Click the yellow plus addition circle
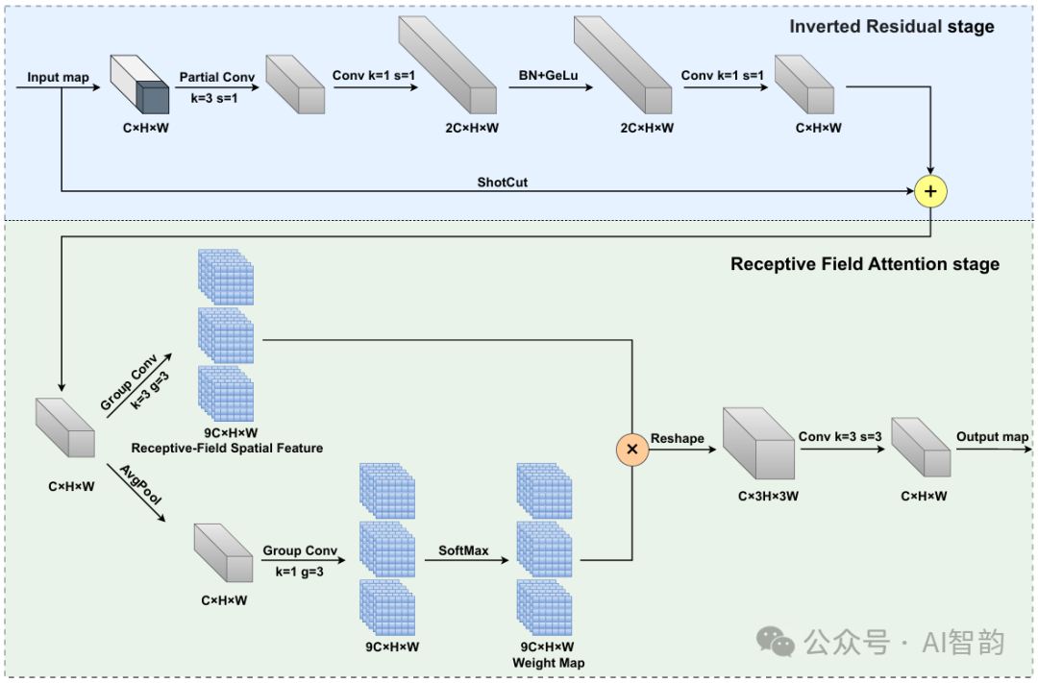click(930, 192)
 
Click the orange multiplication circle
click(632, 449)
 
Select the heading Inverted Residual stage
click(892, 27)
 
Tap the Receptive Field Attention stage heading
click(865, 264)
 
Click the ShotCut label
click(503, 182)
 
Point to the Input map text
click(58, 78)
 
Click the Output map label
click(992, 437)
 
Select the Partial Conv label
click(217, 78)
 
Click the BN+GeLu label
click(548, 76)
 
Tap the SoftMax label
click(463, 550)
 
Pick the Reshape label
click(678, 439)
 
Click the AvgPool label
click(141, 485)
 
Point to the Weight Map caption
click(548, 663)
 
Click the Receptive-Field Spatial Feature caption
click(227, 448)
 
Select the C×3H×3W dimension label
click(768, 496)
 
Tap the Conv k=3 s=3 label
click(840, 437)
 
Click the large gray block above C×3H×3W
click(758, 444)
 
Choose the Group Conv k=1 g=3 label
click(300, 561)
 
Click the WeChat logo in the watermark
click(776, 642)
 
